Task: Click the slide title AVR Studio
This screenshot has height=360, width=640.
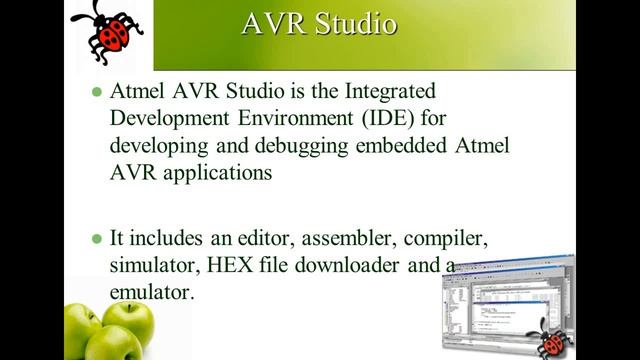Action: [x=319, y=24]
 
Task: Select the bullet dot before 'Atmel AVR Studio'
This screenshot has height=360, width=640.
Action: [x=97, y=91]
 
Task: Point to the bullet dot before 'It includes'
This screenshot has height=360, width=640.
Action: [x=97, y=240]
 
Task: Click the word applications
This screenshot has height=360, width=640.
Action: [x=203, y=171]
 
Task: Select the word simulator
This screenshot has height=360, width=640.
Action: [x=150, y=267]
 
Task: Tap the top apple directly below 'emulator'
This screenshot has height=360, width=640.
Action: [x=121, y=321]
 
